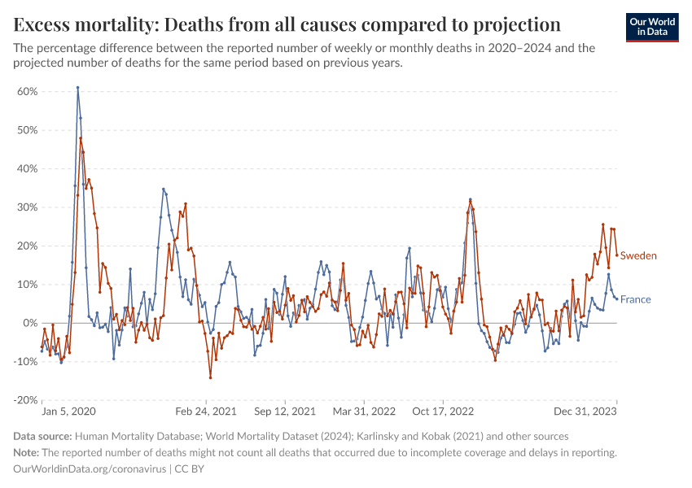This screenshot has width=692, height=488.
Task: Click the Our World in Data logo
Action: (651, 26)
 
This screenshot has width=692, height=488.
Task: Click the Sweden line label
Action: (638, 255)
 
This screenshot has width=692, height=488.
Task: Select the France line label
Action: (635, 299)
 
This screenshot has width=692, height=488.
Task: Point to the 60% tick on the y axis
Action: (28, 91)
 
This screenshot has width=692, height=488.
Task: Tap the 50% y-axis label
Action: (28, 130)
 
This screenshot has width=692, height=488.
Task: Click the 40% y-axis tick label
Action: (28, 168)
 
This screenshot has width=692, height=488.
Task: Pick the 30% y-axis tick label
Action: (28, 207)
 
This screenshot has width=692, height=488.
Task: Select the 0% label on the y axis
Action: (30, 323)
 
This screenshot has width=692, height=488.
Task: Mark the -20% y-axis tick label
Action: (25, 400)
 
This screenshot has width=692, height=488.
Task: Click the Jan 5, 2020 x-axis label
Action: (68, 412)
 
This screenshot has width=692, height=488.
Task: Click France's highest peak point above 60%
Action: (77, 88)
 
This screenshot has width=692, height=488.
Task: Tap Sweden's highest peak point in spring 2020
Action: (81, 138)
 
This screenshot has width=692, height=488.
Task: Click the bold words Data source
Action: (42, 437)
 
